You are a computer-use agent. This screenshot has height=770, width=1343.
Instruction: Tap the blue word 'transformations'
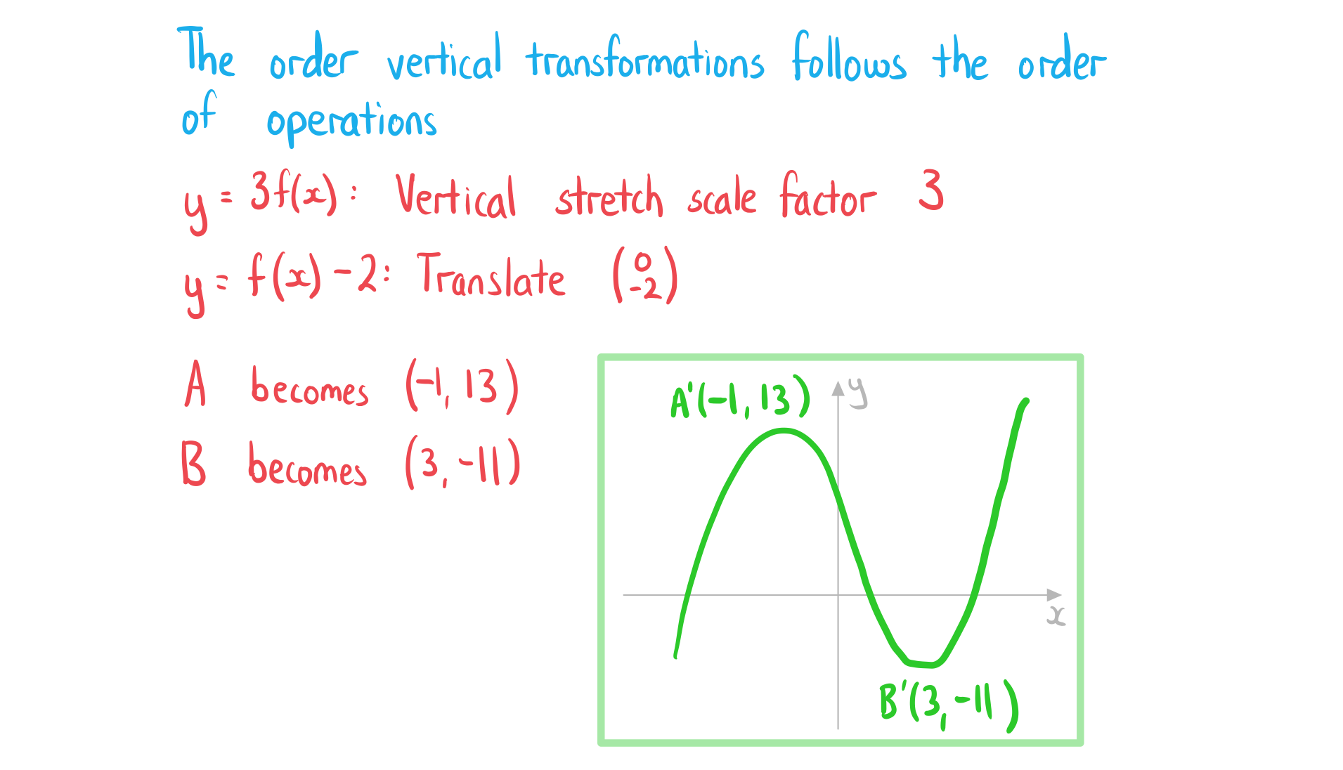[x=645, y=58]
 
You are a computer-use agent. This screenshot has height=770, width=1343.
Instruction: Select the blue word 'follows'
[x=849, y=56]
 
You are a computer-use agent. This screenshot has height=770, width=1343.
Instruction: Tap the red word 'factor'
[x=828, y=195]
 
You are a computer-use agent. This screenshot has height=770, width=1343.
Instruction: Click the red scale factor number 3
[x=931, y=190]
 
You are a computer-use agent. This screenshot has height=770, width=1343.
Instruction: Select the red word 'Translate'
[x=491, y=275]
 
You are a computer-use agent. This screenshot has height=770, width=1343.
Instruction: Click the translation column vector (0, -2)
[x=645, y=275]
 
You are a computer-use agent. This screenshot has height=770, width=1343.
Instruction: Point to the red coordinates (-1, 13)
[x=462, y=386]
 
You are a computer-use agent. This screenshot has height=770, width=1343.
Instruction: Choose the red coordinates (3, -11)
[x=462, y=463]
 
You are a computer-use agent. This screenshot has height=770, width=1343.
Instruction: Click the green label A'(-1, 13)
[x=740, y=397]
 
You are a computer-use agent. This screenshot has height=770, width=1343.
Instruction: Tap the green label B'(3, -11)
[x=949, y=705]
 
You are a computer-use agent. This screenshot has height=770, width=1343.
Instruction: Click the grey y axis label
[x=858, y=393]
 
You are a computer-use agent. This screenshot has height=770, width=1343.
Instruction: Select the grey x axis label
[x=1056, y=615]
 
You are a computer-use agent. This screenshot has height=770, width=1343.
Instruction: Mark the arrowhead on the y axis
[x=838, y=389]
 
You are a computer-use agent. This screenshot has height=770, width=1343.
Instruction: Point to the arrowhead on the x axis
[x=1054, y=595]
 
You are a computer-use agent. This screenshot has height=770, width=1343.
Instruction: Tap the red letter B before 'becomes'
[x=193, y=464]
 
